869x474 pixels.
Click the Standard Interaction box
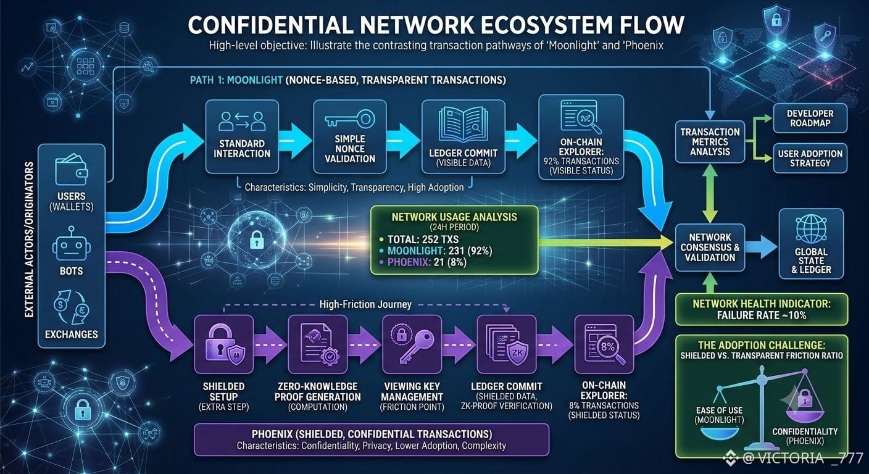pos(242,136)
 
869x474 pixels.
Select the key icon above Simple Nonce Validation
pos(350,118)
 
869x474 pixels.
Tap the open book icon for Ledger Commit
pos(464,125)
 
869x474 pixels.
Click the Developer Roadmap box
pos(810,118)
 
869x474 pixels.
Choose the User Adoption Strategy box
pos(810,158)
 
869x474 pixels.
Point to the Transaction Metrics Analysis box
pos(710,142)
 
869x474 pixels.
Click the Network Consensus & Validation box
pos(710,247)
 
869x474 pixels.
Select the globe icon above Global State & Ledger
pos(811,229)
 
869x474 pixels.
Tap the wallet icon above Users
pos(72,170)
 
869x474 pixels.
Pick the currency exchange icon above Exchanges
pos(72,307)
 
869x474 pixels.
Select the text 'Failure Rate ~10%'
pos(762,315)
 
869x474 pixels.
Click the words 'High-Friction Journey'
pos(365,304)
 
